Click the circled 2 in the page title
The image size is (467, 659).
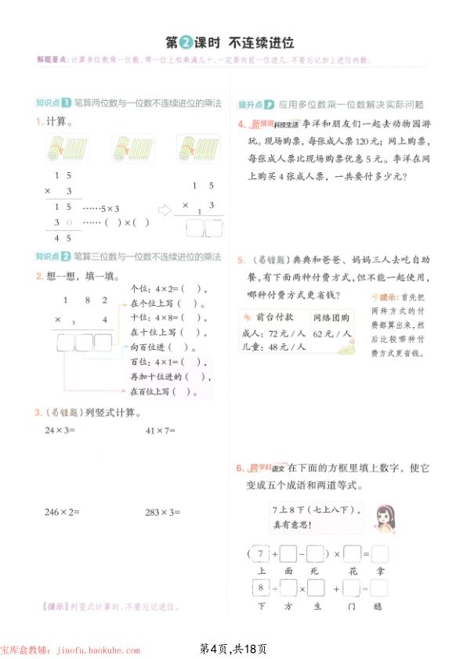coord(185,42)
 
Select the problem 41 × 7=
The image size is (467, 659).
coord(161,430)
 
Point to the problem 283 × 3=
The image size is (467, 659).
coord(163,513)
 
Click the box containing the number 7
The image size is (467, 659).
coord(259,553)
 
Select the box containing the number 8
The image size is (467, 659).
coord(259,588)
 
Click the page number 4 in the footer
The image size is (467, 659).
coord(212,649)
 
